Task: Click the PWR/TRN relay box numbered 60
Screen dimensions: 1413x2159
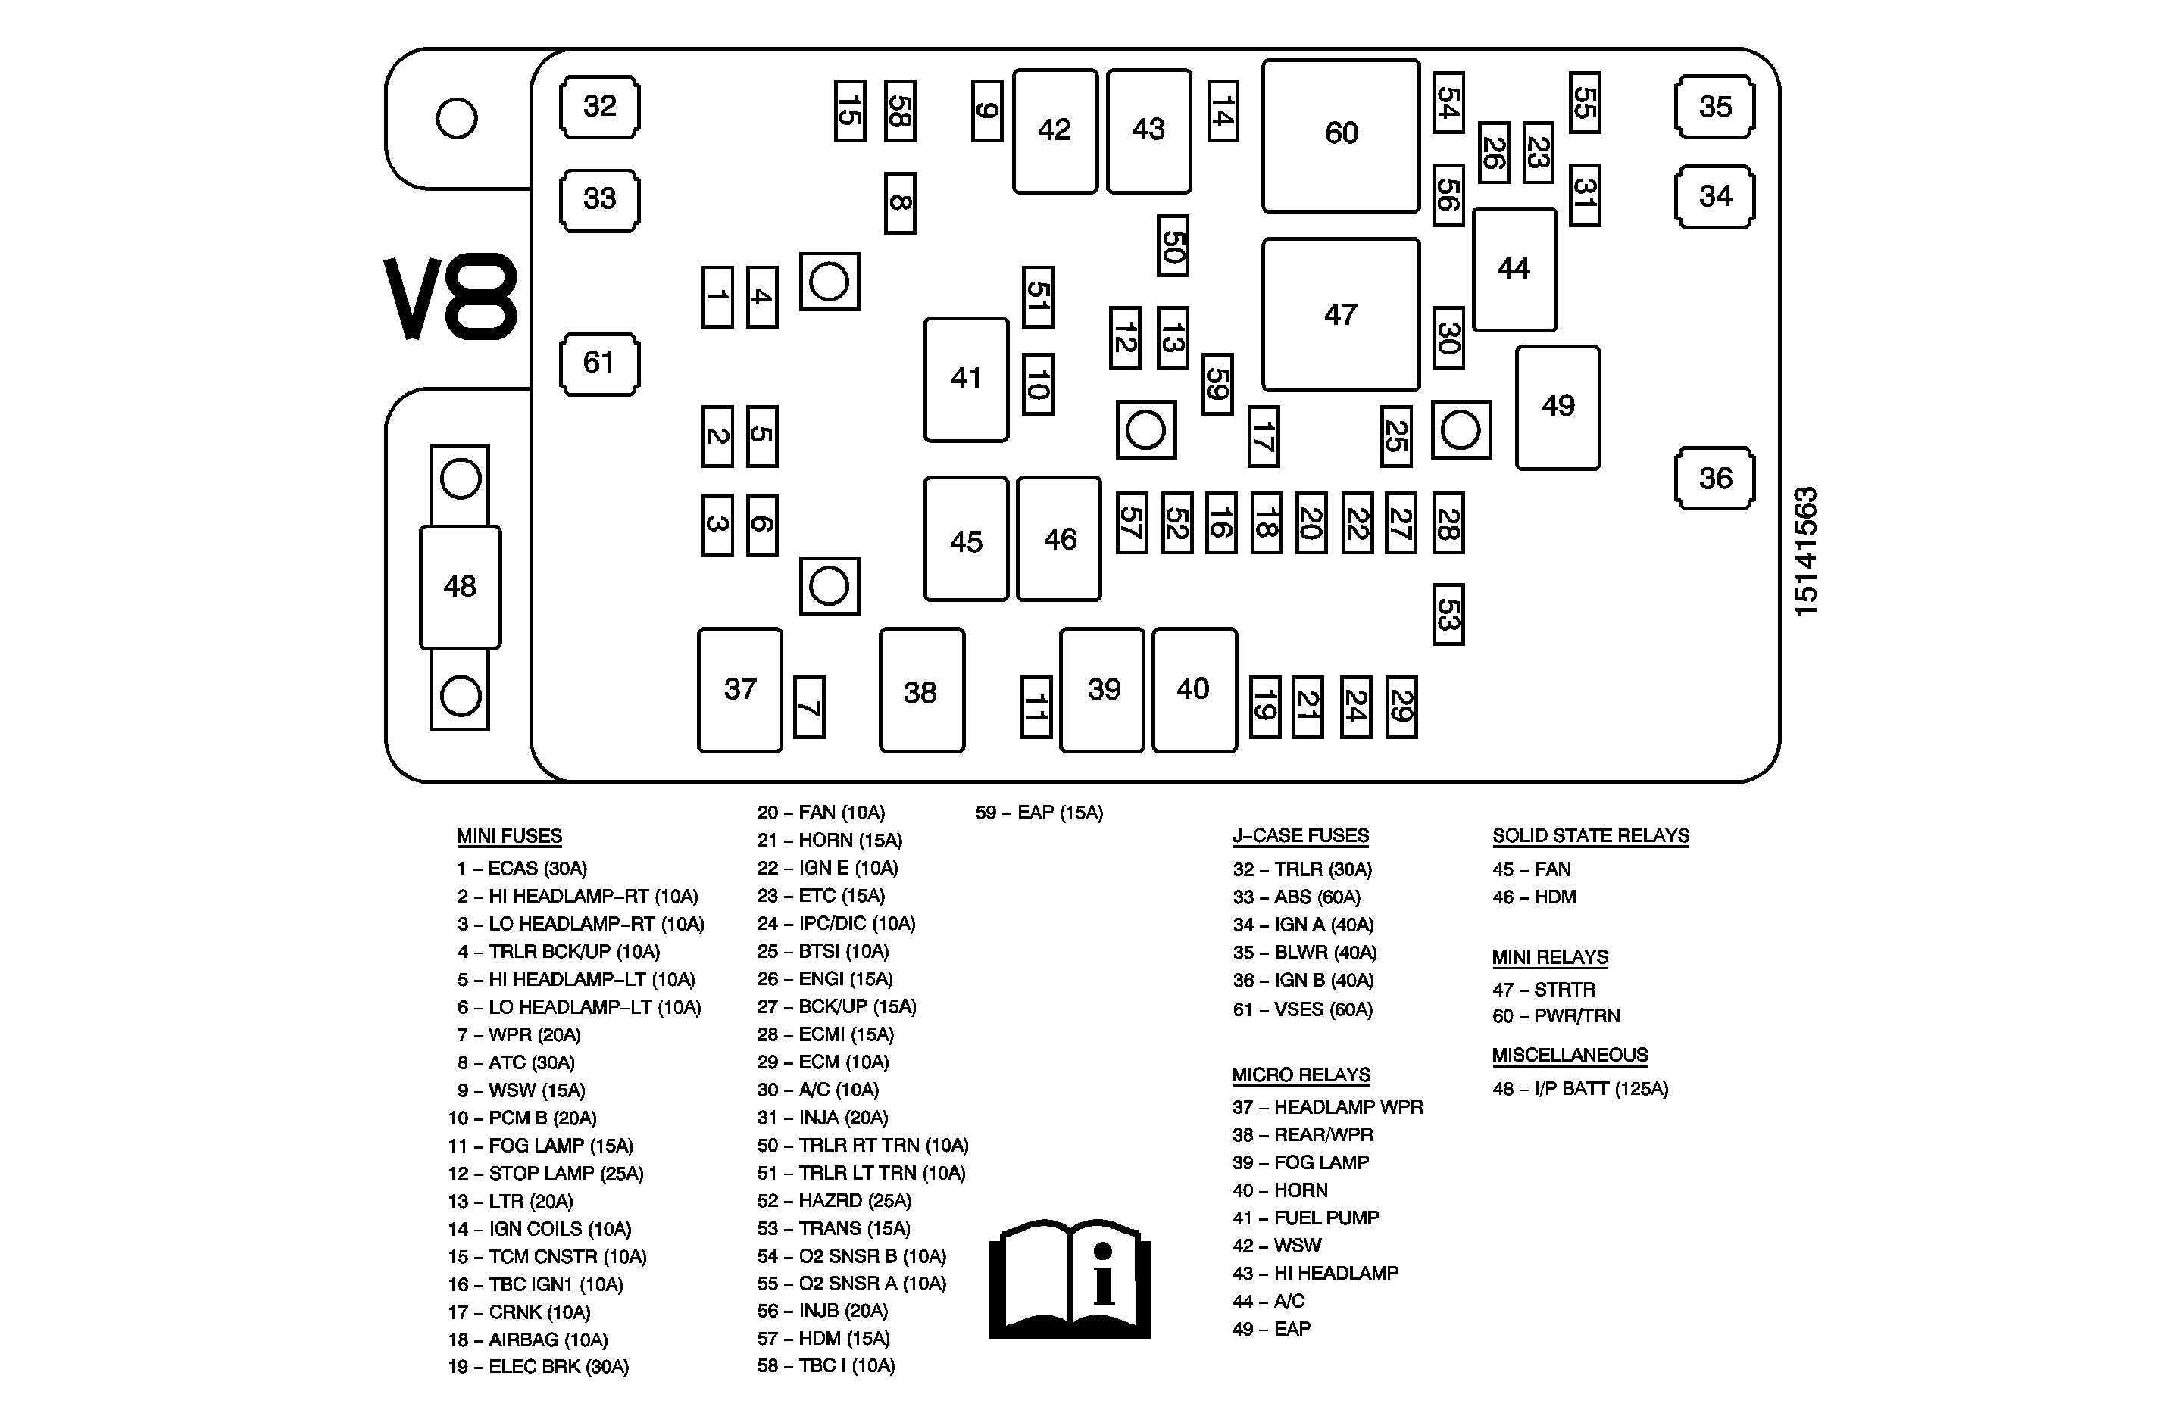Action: coord(1341,135)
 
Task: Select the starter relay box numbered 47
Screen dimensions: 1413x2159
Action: coord(1341,315)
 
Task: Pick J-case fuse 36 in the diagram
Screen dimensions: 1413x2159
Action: coord(1714,478)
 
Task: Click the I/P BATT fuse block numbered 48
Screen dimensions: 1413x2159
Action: coord(460,587)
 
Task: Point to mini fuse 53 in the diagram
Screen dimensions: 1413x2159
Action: coord(1448,614)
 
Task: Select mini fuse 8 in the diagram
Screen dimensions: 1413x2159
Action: coord(900,203)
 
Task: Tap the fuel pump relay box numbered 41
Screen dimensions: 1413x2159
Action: coord(966,379)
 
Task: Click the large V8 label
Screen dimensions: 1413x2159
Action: coord(451,297)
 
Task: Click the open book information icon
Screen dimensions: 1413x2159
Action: coord(1070,1279)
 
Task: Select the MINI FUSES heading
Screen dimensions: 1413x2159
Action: coord(509,836)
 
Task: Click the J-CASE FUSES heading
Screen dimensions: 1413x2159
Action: coord(1300,835)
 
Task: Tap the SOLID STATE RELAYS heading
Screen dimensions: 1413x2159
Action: coord(1590,835)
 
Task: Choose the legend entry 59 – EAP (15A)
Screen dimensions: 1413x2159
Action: coord(1039,813)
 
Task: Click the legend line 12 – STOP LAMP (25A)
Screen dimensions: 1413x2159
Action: coord(545,1174)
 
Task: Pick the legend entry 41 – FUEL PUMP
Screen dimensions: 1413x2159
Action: coord(1305,1218)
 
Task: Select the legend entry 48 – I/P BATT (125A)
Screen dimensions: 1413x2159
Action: coord(1580,1088)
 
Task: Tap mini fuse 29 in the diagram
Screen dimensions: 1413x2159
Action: coord(1401,706)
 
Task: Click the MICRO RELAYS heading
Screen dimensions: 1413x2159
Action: coord(1301,1075)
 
